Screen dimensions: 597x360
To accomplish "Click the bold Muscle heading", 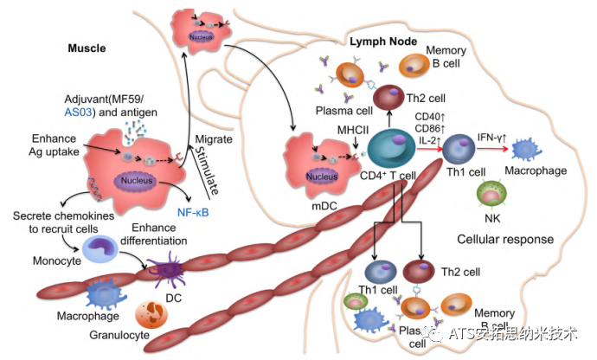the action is (87, 48).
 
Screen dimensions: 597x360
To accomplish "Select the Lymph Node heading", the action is (383, 42).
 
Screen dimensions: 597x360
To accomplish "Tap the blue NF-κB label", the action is (193, 212).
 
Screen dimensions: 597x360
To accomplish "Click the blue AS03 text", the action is (78, 112).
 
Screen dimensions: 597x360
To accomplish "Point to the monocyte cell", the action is (100, 249).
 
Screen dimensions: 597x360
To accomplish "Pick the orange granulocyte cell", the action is (151, 314).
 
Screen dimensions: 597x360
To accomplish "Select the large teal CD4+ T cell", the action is (391, 148).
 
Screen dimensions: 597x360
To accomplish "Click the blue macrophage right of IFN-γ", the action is (527, 150).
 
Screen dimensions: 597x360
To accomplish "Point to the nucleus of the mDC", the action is (322, 176).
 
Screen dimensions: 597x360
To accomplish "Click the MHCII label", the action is (353, 131).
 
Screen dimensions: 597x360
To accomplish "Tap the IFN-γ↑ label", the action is (491, 138).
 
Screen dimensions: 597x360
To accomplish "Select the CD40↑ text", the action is (430, 116).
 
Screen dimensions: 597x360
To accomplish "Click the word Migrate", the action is (214, 139).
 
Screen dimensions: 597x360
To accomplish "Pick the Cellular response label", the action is (505, 239).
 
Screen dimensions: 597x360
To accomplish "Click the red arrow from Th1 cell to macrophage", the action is (492, 148).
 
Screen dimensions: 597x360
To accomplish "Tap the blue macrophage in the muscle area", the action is (106, 293).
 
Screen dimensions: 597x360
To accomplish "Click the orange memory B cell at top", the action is (414, 65).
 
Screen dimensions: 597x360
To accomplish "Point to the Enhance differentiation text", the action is (154, 235).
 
